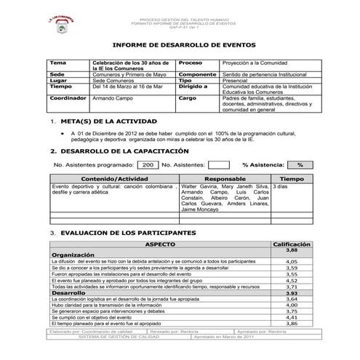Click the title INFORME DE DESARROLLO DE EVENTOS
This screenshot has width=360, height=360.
(180, 44)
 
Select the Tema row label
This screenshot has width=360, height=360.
(57, 63)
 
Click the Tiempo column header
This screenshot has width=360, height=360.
(292, 178)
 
